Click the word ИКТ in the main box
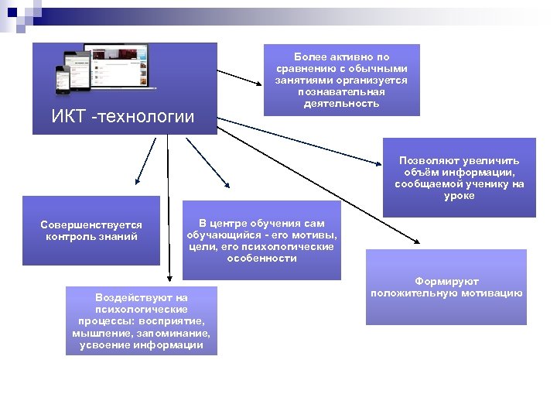click(x=67, y=118)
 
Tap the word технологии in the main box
click(x=146, y=118)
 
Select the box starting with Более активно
click(x=341, y=80)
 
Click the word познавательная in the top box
click(x=341, y=91)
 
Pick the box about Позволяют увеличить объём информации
click(x=459, y=177)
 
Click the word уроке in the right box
click(x=459, y=196)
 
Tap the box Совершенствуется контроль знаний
click(x=91, y=231)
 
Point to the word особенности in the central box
click(x=261, y=258)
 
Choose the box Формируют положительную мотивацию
click(x=446, y=287)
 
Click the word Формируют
click(x=446, y=282)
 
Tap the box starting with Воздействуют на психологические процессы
click(x=141, y=320)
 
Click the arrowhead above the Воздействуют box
click(x=169, y=280)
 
